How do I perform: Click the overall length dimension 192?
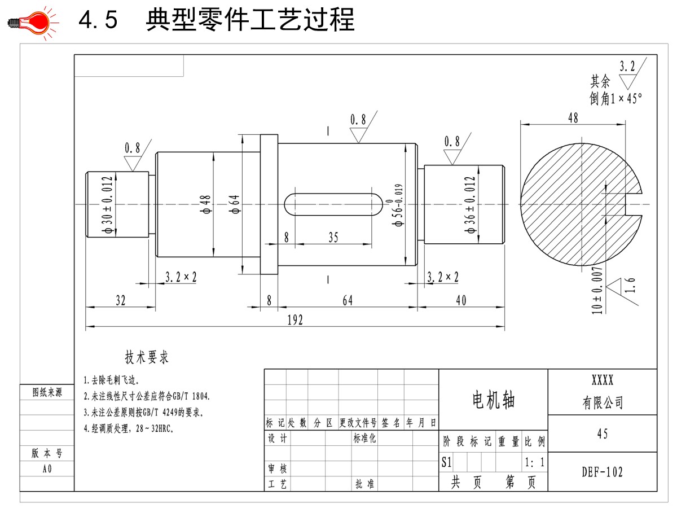(295, 320)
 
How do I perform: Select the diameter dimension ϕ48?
(206, 204)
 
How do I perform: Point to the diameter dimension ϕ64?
(235, 204)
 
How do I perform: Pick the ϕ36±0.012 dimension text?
(470, 204)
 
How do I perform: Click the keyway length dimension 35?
(333, 238)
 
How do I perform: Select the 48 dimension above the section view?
(573, 117)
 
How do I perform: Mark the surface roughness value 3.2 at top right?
(627, 66)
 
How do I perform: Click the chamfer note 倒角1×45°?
(616, 98)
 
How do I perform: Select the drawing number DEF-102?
(603, 472)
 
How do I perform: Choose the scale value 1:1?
(535, 463)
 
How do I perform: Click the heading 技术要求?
(147, 357)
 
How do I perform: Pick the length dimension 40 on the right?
(461, 301)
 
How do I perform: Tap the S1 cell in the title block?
(446, 463)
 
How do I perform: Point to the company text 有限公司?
(603, 402)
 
